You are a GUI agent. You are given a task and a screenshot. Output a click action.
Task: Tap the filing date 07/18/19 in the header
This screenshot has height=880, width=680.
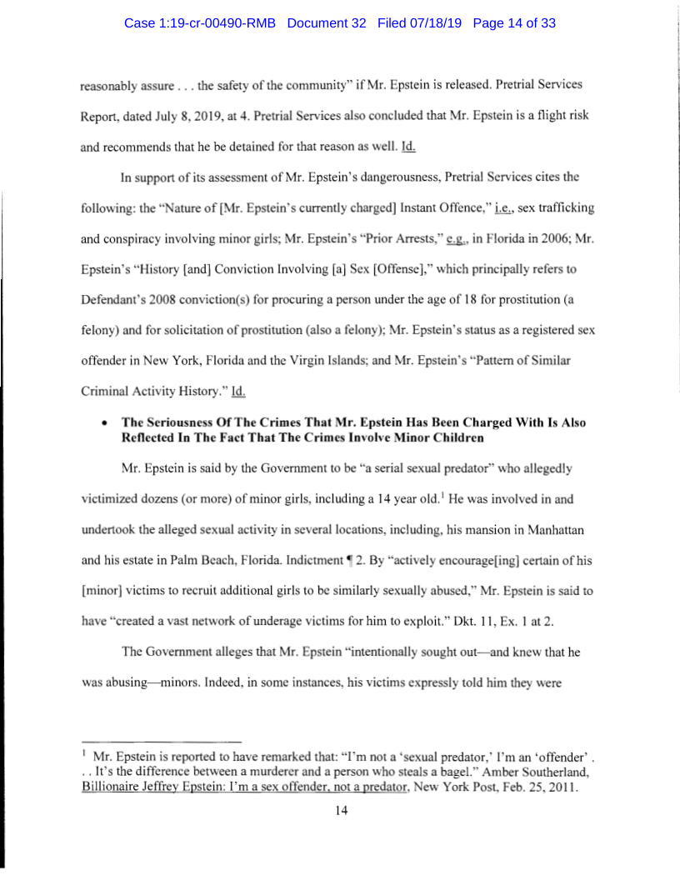pyautogui.click(x=434, y=24)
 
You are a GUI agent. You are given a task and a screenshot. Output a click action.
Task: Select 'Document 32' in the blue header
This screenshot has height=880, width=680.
pyautogui.click(x=327, y=24)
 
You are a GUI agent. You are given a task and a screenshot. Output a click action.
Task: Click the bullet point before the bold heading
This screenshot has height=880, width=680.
pyautogui.click(x=102, y=423)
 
